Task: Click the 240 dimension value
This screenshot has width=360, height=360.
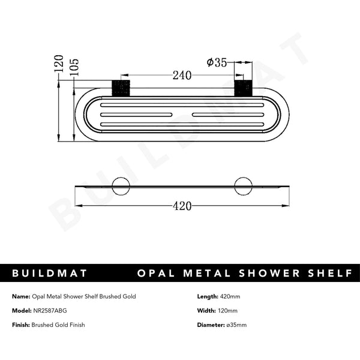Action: click(182, 76)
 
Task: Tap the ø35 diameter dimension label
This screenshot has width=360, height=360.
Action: click(216, 62)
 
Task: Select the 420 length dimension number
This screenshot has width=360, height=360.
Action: click(182, 206)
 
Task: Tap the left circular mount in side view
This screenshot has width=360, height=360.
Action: click(121, 186)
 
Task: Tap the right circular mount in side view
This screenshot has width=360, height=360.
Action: click(243, 186)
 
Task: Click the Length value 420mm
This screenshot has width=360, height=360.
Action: click(230, 296)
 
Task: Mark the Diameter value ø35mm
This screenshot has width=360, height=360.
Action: click(236, 325)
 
